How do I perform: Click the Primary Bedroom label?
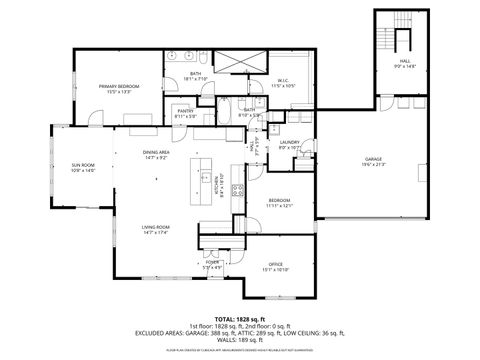point(118,88)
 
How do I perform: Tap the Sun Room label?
point(82,166)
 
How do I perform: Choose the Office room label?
point(275,266)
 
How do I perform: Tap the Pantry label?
point(185,113)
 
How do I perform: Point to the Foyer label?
point(212,264)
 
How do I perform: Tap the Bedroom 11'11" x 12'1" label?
point(279,203)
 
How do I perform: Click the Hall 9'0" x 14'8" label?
point(404,64)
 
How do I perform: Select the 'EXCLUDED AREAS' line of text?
point(240,333)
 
